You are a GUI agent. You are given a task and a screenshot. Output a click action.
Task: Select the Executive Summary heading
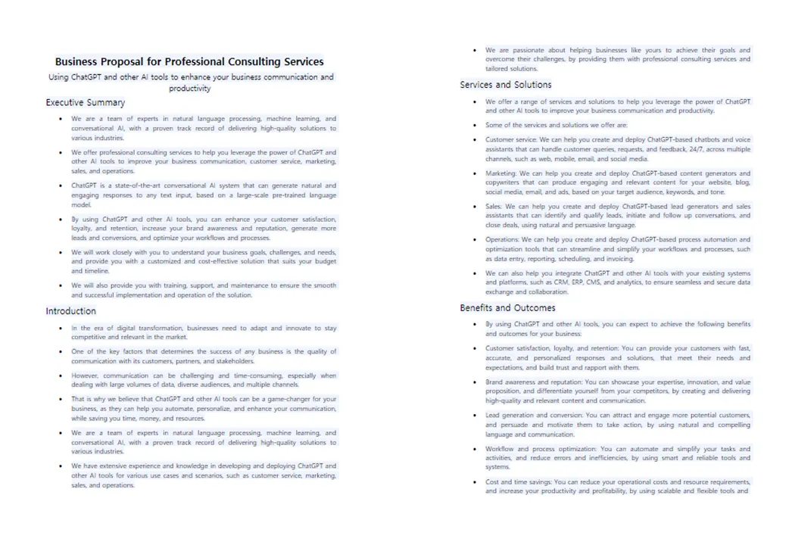pyautogui.click(x=86, y=102)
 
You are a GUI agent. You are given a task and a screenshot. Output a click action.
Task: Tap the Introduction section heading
pyautogui.click(x=70, y=310)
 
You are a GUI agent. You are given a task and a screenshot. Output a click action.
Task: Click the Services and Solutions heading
pyautogui.click(x=506, y=84)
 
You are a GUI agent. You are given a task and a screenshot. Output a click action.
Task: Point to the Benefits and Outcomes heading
pyautogui.click(x=508, y=307)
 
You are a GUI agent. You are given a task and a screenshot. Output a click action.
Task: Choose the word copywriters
pyautogui.click(x=506, y=184)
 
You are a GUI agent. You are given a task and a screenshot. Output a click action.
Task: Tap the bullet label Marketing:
pyautogui.click(x=501, y=173)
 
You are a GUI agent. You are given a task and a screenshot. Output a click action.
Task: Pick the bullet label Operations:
pyautogui.click(x=503, y=238)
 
